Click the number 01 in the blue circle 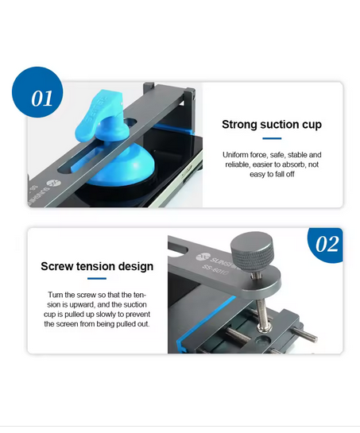(x=41, y=99)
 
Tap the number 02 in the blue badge (x=327, y=244)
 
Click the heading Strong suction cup (x=272, y=124)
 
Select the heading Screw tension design (x=97, y=266)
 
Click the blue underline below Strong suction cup (x=272, y=138)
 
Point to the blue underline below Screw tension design (x=97, y=278)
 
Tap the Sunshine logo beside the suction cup (x=52, y=183)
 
